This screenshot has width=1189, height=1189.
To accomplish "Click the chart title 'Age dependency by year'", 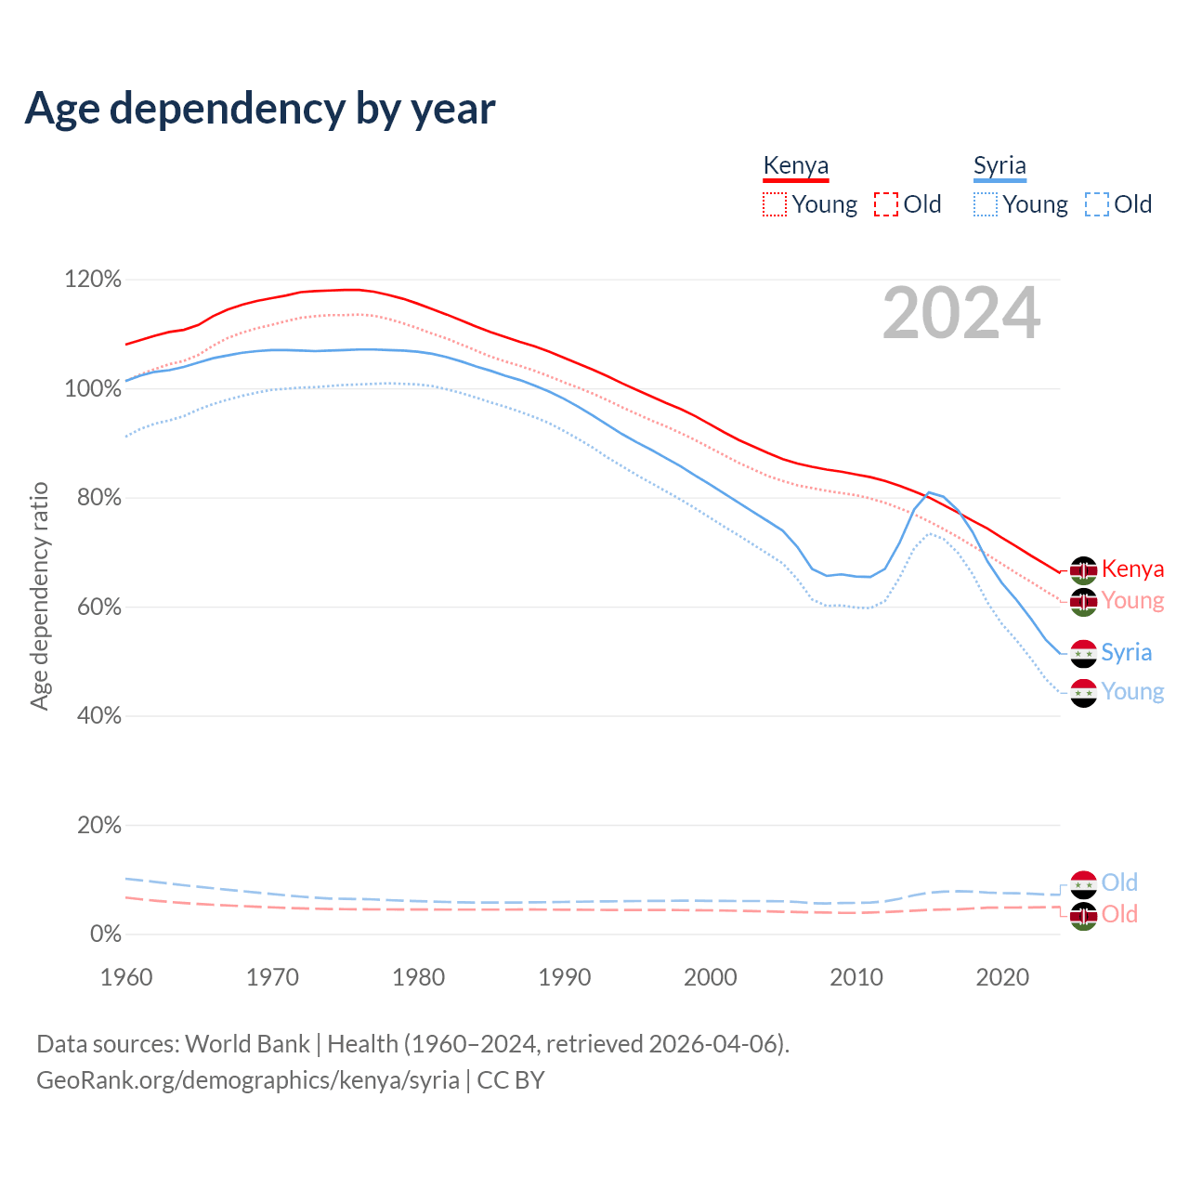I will (x=260, y=108).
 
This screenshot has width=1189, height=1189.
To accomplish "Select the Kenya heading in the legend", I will (x=795, y=165).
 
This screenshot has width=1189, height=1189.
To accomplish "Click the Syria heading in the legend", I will (x=1000, y=165).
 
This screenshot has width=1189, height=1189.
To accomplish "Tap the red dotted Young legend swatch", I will (x=774, y=204).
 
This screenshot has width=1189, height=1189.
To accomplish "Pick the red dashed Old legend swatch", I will (x=886, y=204).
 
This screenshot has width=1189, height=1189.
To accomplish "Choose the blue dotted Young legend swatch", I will (x=986, y=204).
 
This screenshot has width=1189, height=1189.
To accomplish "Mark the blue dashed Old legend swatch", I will (x=1097, y=204).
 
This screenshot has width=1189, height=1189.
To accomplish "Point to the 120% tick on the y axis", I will (x=93, y=280).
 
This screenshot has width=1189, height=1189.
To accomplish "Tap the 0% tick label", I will (x=105, y=934).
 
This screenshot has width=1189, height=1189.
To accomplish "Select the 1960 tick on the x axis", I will (x=126, y=977).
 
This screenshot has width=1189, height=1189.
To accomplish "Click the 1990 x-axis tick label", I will (x=565, y=977).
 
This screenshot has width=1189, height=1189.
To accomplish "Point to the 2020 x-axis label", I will (x=1002, y=977).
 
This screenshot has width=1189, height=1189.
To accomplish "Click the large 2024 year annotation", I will (x=961, y=313).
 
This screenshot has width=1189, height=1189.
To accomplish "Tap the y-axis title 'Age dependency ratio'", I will (x=39, y=595).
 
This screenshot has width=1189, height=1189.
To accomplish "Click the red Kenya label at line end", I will (x=1132, y=569).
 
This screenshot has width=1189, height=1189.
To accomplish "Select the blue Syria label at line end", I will (x=1126, y=653).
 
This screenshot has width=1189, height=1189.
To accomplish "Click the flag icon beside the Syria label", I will (x=1083, y=654).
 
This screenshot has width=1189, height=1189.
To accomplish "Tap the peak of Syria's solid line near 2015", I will (x=929, y=492).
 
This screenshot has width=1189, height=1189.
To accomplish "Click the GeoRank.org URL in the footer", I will (x=248, y=1080).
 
